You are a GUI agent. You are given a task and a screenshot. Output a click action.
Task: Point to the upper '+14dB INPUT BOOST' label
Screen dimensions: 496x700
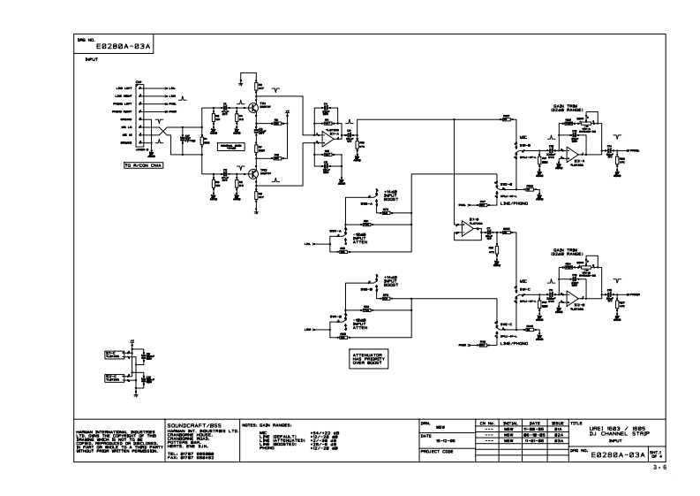pyautogui.click(x=393, y=195)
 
